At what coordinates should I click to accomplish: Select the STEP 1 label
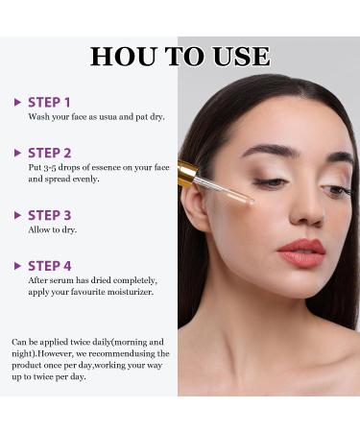[49, 102]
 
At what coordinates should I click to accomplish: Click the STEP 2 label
[49, 153]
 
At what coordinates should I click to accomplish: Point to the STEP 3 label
[49, 215]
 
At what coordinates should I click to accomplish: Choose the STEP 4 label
[49, 266]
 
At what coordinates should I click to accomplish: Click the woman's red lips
[301, 253]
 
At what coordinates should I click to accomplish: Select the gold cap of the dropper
[188, 174]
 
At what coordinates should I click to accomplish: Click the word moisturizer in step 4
[126, 291]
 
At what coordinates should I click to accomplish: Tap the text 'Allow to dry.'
[53, 229]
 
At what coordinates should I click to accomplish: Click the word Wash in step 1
[39, 116]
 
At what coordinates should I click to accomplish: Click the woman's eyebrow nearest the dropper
[265, 150]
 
